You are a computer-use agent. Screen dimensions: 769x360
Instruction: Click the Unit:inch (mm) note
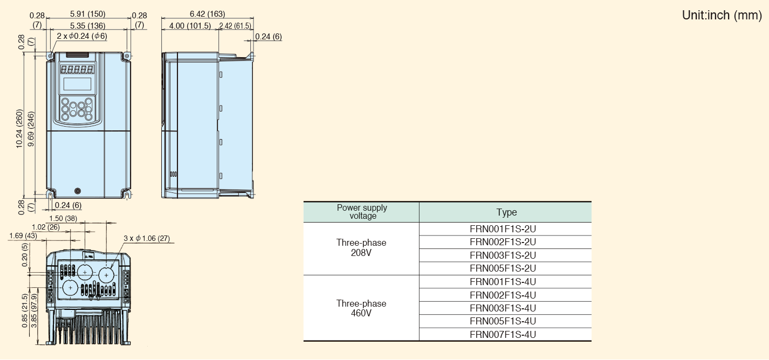click(x=722, y=15)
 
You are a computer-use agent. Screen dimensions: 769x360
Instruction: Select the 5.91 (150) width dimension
click(x=87, y=13)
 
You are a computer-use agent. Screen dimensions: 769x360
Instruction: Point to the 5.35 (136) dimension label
click(x=87, y=26)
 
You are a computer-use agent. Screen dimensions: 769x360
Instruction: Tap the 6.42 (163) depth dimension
click(x=208, y=13)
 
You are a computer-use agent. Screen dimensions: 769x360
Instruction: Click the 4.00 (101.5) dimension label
click(x=190, y=26)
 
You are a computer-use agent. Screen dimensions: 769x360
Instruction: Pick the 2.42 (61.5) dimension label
click(x=235, y=26)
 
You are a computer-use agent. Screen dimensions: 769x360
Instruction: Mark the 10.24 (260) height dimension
click(x=19, y=129)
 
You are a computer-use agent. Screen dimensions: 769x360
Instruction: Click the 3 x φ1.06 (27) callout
click(x=147, y=238)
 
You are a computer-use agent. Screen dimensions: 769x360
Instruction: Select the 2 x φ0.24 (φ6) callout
click(x=82, y=36)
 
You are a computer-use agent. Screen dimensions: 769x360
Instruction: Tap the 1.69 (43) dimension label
click(x=23, y=236)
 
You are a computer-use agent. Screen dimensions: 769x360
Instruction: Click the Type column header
click(x=506, y=212)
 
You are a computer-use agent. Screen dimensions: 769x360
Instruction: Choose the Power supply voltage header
click(x=362, y=212)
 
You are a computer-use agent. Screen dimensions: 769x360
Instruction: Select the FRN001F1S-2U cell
click(x=503, y=229)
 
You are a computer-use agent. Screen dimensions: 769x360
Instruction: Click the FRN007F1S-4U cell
click(x=503, y=335)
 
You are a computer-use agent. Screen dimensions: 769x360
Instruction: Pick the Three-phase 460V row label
click(x=361, y=308)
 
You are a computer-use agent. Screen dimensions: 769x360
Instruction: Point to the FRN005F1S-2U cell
click(x=503, y=268)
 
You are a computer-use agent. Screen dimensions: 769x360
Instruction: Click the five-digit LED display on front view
click(x=77, y=70)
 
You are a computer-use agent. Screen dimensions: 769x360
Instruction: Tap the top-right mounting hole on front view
click(x=127, y=56)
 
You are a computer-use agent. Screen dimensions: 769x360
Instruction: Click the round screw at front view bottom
click(x=78, y=191)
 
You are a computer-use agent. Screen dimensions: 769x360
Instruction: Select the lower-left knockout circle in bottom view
click(x=71, y=288)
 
